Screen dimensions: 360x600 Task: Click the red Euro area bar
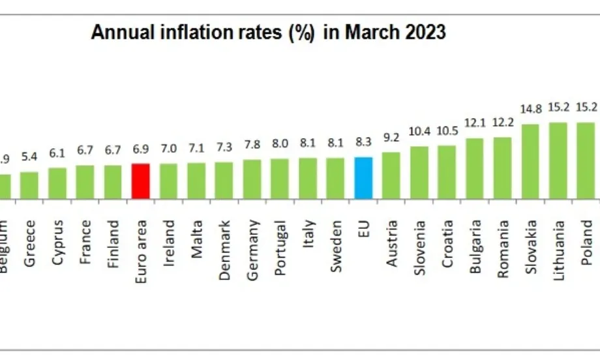pos(141,180)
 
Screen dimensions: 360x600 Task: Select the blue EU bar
pos(363,177)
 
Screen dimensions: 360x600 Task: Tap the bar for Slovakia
pos(530,160)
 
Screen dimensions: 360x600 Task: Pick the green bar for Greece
pos(29,185)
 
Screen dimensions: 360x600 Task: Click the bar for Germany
pos(252,179)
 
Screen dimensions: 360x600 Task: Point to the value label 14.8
pos(530,110)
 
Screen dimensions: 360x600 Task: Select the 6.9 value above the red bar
pos(141,149)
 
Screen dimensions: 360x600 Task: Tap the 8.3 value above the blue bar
pos(363,143)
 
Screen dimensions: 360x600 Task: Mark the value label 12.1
pos(475,123)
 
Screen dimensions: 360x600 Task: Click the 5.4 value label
pos(29,158)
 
